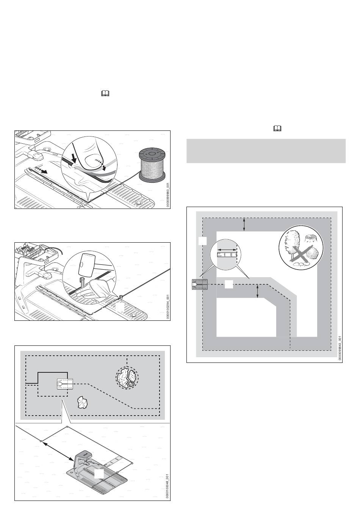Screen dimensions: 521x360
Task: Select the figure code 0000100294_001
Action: tap(167, 307)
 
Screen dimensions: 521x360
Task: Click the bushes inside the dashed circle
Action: tap(127, 377)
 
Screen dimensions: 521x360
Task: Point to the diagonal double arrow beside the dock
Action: tap(57, 450)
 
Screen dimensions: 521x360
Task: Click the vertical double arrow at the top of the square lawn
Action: tap(244, 224)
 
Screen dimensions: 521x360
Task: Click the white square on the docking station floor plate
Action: tap(99, 474)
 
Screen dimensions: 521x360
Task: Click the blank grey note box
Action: tap(266, 151)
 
